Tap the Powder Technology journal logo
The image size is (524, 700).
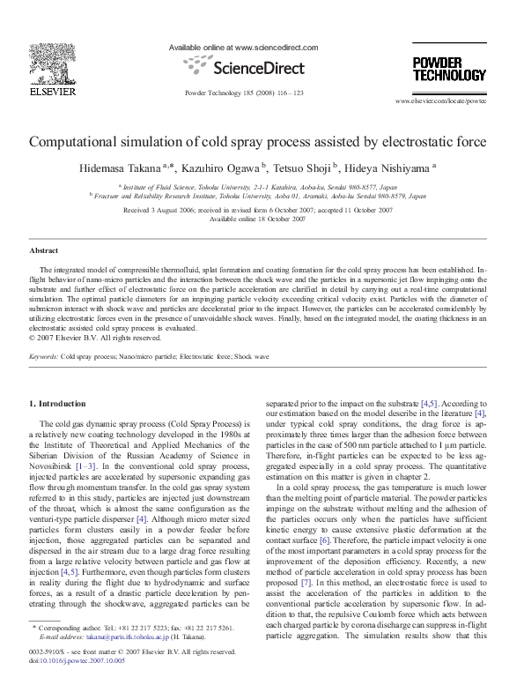449,69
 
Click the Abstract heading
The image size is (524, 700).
44,251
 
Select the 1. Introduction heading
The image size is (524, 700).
58,404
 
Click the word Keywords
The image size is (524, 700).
44,356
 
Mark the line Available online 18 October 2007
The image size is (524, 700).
261,219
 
